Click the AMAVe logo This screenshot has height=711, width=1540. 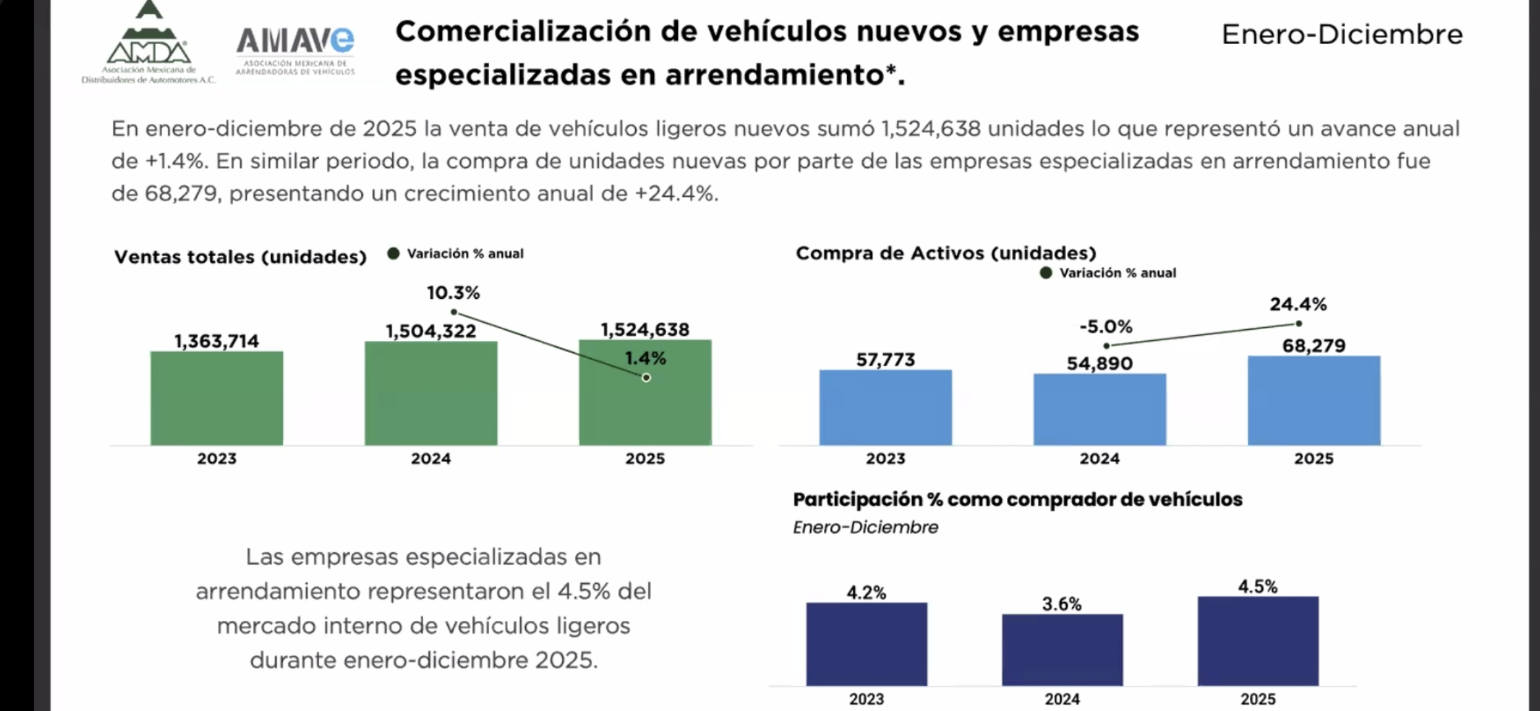[295, 50]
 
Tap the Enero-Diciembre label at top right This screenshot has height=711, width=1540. [1342, 35]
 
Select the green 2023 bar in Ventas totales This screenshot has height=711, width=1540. [217, 398]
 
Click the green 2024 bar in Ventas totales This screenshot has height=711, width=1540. [431, 394]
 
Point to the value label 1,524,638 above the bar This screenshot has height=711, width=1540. [645, 329]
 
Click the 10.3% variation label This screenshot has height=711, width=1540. [453, 293]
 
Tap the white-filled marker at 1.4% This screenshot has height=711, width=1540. [646, 377]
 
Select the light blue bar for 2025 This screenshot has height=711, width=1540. [1314, 400]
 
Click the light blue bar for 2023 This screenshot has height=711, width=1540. [885, 408]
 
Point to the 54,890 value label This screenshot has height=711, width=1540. [1100, 363]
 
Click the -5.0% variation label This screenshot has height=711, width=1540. [1106, 327]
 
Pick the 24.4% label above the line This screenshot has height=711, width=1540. [1298, 304]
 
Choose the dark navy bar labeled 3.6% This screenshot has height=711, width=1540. [1062, 650]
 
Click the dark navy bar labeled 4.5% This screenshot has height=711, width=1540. [1258, 641]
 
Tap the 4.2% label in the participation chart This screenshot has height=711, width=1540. [866, 592]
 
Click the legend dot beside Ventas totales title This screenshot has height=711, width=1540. [394, 253]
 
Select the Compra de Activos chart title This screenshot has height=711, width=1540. [946, 253]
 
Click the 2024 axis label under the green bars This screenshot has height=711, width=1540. [431, 459]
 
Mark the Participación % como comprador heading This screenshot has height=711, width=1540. [1017, 500]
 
